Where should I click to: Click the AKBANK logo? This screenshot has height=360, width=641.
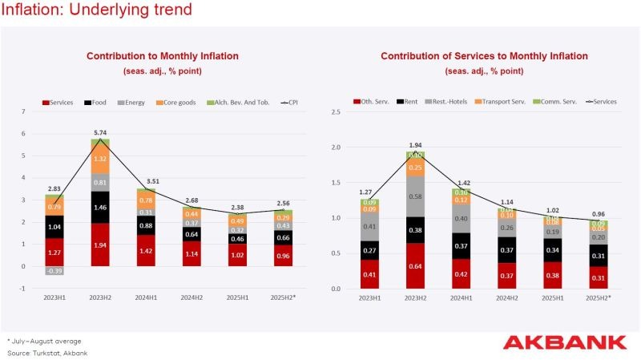pyautogui.click(x=565, y=343)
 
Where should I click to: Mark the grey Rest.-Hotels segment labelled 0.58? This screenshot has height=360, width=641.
pyautogui.click(x=416, y=196)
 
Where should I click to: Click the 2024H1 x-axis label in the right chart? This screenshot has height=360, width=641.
pyautogui.click(x=461, y=297)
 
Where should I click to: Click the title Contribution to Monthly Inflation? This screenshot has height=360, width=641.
pyautogui.click(x=163, y=56)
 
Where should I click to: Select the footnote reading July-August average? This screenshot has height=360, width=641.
pyautogui.click(x=44, y=341)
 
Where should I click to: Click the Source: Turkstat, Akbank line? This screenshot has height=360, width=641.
pyautogui.click(x=47, y=353)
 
